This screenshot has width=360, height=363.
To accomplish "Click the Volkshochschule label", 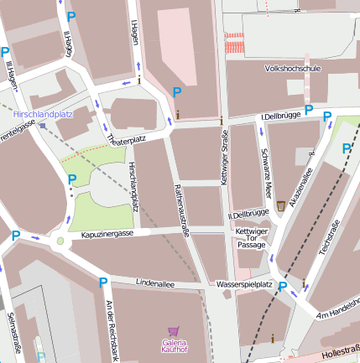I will pyautogui.click(x=292, y=68).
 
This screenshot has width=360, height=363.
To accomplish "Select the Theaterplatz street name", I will pyautogui.click(x=127, y=139).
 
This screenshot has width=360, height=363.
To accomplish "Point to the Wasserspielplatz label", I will pyautogui.click(x=243, y=284).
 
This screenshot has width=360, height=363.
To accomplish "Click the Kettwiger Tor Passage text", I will pyautogui.click(x=251, y=238).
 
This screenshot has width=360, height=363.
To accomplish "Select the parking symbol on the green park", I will pyautogui.click(x=72, y=179).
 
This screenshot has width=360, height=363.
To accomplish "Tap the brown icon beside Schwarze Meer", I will pyautogui.click(x=280, y=205).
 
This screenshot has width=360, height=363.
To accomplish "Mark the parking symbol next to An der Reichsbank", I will pyautogui.click(x=103, y=283).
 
